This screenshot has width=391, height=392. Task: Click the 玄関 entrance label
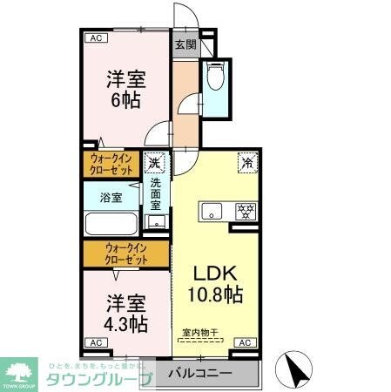184,45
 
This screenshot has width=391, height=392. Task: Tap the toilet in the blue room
216,79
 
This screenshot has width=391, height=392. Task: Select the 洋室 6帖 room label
125,87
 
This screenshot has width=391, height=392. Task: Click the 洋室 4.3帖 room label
126,314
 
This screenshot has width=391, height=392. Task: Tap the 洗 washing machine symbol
155,162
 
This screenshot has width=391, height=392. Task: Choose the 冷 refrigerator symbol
247,161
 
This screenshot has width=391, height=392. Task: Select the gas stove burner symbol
246,210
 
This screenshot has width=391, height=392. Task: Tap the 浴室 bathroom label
111,197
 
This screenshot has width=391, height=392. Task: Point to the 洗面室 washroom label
155,197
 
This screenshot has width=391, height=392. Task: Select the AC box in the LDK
245,342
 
